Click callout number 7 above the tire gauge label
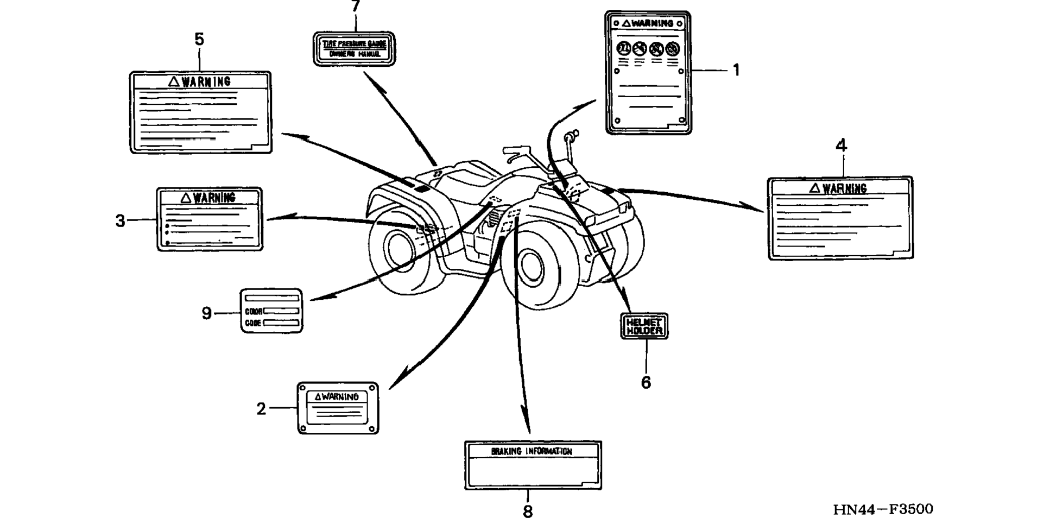[356, 7]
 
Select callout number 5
[199, 40]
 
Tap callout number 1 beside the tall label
[736, 70]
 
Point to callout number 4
[841, 146]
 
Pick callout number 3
[120, 221]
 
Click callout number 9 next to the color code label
[206, 313]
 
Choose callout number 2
[261, 409]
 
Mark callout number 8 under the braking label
[528, 512]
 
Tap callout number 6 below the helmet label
[646, 383]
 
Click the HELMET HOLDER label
[644, 326]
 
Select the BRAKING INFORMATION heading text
[531, 451]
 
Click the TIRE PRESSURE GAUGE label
[354, 44]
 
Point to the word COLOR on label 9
[254, 312]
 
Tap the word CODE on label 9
[253, 323]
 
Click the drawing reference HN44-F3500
[883, 509]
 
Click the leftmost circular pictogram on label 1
[624, 48]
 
